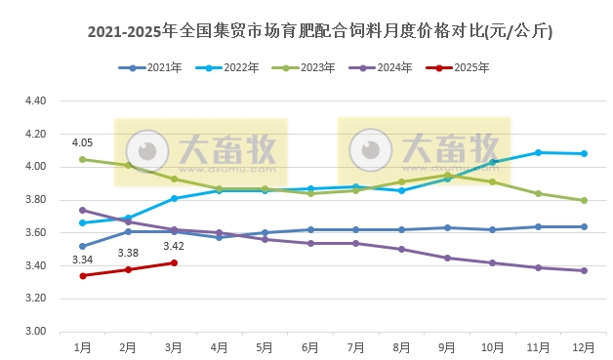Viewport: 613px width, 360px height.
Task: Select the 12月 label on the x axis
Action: (x=584, y=346)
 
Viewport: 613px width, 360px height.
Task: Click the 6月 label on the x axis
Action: (x=310, y=346)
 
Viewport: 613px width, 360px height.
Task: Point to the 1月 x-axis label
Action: (x=83, y=346)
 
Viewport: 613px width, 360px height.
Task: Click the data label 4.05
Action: (x=83, y=143)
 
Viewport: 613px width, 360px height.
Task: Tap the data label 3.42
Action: (x=174, y=246)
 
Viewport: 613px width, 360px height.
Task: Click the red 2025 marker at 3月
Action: (x=174, y=262)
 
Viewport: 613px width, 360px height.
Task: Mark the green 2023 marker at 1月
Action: (x=83, y=159)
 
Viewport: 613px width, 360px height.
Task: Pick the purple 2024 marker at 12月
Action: (x=584, y=270)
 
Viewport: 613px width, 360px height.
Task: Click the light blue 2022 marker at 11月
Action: (x=538, y=152)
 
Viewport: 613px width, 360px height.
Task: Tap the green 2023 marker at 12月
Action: (x=584, y=200)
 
